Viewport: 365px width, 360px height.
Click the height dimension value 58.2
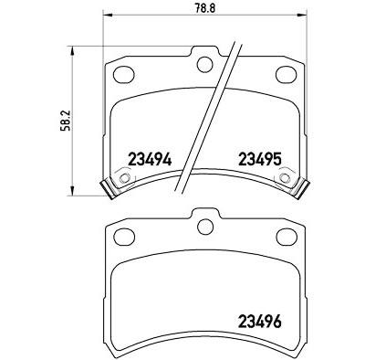(x=67, y=121)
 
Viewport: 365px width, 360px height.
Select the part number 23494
(x=151, y=159)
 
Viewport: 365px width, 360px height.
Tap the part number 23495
(x=259, y=159)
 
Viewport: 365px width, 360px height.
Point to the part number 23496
(x=259, y=321)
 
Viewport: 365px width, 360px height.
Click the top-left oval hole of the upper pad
(x=123, y=74)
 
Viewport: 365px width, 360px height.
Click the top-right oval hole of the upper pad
(x=286, y=74)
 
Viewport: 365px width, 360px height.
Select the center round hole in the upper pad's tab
(x=204, y=64)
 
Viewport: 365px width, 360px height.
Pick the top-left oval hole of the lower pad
(x=123, y=237)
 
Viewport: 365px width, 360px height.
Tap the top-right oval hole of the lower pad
(x=286, y=237)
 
